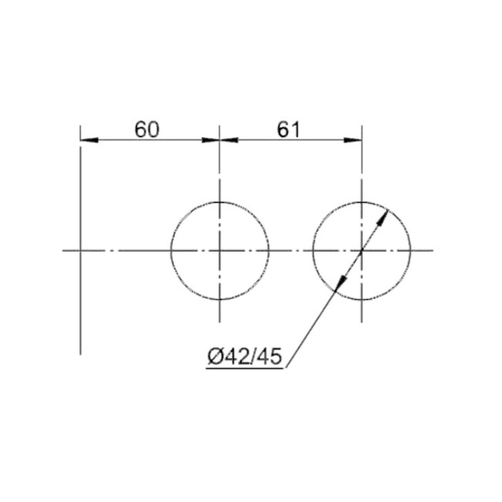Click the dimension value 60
click(x=146, y=130)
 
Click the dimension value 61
click(x=289, y=130)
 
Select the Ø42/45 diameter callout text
click(x=245, y=356)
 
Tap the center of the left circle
click(x=219, y=251)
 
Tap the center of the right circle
click(x=361, y=251)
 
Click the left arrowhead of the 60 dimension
click(x=89, y=140)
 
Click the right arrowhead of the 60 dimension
click(x=211, y=140)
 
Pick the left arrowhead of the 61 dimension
click(x=229, y=140)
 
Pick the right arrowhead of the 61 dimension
click(x=353, y=140)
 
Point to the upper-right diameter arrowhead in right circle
click(x=382, y=218)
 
